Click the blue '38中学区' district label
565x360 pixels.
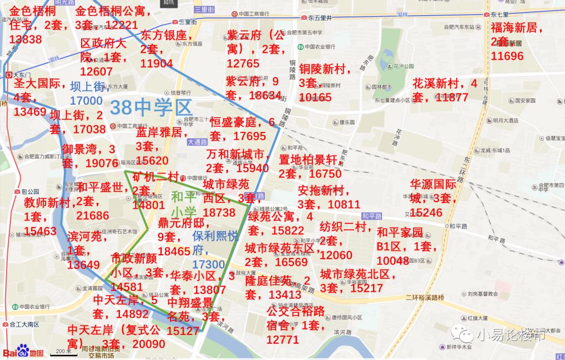coord(151,107)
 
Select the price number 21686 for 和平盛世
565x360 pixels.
coord(93,216)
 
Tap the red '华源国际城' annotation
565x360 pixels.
coord(433,191)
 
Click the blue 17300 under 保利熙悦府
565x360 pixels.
coord(208,265)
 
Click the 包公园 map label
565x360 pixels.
coord(30,192)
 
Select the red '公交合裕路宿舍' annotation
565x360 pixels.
coord(295,318)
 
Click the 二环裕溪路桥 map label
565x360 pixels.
coord(424,297)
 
